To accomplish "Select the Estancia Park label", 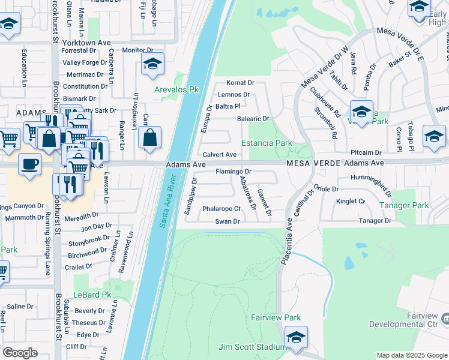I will pyautogui.click(x=267, y=143).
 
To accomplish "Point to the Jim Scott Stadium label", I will pyautogui.click(x=252, y=347).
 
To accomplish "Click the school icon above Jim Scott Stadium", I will pyautogui.click(x=296, y=338).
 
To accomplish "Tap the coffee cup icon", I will pyautogui.click(x=29, y=164).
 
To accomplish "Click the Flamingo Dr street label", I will pyautogui.click(x=233, y=172).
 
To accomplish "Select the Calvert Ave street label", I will pyautogui.click(x=219, y=154).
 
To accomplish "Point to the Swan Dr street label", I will pyautogui.click(x=228, y=221).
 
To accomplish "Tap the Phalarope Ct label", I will pyautogui.click(x=221, y=209).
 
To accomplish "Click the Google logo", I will pyautogui.click(x=20, y=353).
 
